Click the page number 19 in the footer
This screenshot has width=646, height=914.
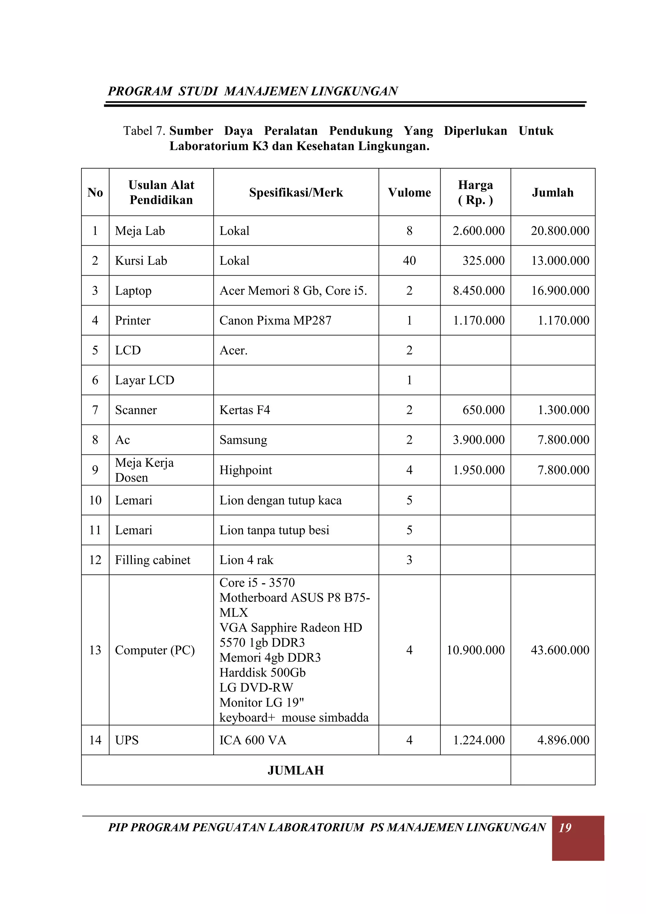[565, 828]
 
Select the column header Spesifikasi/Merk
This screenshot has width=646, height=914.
[296, 193]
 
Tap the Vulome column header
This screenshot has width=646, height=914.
[409, 193]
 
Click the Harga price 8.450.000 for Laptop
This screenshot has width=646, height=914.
[479, 291]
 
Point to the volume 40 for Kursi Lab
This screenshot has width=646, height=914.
[409, 261]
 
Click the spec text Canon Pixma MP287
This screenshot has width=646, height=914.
[275, 320]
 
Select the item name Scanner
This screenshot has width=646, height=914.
[136, 410]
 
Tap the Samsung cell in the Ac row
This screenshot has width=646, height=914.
[243, 440]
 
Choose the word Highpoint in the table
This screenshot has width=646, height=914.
[245, 470]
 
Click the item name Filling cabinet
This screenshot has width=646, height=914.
[152, 560]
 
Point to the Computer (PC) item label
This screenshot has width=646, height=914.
[155, 650]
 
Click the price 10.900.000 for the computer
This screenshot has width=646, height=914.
[475, 650]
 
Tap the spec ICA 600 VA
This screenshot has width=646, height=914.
[253, 740]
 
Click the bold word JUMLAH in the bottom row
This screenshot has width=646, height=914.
[296, 770]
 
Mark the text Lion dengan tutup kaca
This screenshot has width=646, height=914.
[280, 500]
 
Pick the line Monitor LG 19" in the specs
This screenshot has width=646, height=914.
[261, 702]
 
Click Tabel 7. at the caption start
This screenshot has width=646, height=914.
[144, 131]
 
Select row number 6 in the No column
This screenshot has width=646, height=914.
[95, 380]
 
